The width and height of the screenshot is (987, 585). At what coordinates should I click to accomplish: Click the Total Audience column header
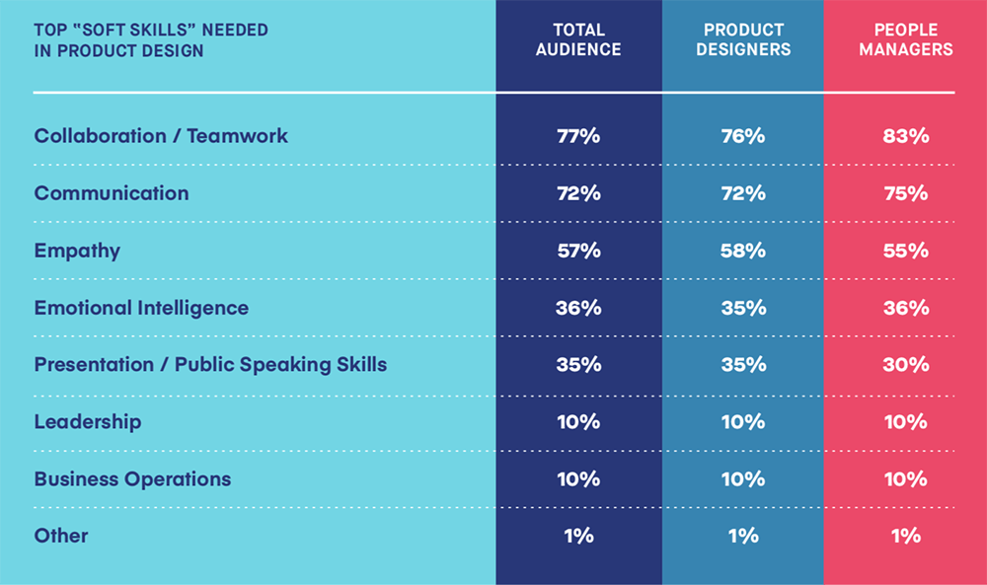point(578,39)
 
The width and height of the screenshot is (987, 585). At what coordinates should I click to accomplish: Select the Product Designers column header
point(742,39)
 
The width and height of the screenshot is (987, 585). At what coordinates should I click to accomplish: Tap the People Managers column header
point(905,39)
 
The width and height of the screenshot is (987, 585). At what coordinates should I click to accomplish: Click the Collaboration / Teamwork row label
point(161,136)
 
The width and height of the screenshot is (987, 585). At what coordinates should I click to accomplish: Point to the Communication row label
point(112,193)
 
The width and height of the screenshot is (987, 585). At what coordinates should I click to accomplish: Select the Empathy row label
point(77,251)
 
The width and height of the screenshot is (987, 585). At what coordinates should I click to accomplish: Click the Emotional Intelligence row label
point(141,308)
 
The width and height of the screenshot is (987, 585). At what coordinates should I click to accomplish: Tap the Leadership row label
point(88,422)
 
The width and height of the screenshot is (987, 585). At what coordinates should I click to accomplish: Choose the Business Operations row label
point(132,479)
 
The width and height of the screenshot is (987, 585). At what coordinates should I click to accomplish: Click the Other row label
point(61,537)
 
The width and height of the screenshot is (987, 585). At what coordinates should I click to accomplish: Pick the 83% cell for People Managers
point(905,136)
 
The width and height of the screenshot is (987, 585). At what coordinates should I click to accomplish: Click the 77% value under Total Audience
point(578,136)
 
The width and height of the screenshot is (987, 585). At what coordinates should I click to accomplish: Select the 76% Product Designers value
point(742,136)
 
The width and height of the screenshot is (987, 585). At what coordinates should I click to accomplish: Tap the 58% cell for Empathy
point(742,251)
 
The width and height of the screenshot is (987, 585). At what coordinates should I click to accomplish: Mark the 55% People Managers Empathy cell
point(905,251)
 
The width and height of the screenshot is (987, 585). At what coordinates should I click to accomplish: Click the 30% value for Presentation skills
point(905,365)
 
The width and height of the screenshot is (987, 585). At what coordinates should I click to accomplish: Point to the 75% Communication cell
point(905,193)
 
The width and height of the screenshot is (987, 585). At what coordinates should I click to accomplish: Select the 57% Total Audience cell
point(578,251)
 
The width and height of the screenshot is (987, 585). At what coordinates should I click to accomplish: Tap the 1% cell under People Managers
point(905,537)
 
